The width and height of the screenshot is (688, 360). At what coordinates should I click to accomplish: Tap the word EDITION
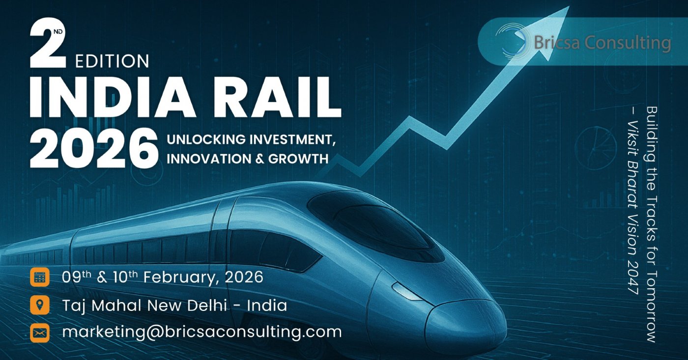point(112,61)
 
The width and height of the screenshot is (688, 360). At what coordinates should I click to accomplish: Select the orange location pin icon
point(40,305)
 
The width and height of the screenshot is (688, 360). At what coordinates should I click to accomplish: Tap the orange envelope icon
point(40,332)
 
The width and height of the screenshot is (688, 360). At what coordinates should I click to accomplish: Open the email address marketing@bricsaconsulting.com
point(201,332)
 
